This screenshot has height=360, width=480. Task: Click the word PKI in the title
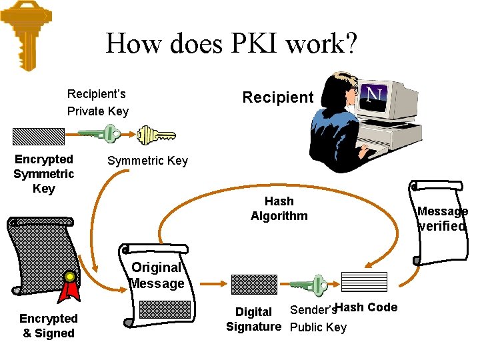pos(255,44)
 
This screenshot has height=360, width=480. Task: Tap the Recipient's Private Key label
pos(97,103)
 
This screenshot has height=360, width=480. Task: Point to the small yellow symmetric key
pos(156,136)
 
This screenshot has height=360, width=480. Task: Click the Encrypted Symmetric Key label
pos(44,174)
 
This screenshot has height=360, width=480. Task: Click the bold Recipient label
pos(277,97)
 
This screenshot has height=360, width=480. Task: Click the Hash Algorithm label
pos(279,208)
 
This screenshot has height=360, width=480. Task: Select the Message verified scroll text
pos(442,219)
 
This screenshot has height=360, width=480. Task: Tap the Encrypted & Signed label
pos(49,326)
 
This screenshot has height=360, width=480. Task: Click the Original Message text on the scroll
pos(157,275)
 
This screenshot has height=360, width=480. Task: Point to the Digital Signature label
pos(253,319)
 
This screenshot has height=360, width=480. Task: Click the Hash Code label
pos(367,307)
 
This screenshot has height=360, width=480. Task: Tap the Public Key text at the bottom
pos(318,327)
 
